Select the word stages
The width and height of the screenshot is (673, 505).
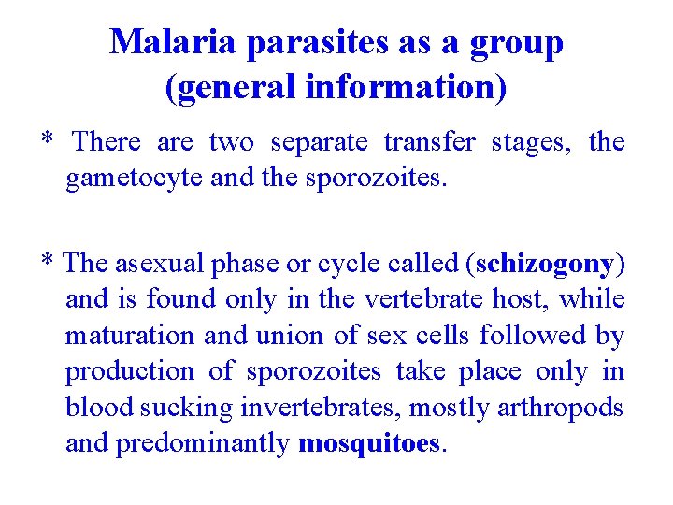[530, 142]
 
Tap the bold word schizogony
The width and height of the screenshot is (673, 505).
[544, 265]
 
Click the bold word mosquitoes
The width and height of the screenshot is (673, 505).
[368, 442]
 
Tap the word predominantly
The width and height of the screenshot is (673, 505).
[204, 442]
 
